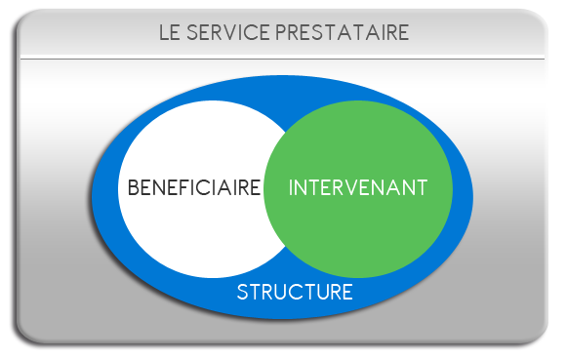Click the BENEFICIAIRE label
(194, 187)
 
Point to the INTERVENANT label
(358, 187)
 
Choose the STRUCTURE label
(294, 292)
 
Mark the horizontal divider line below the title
(283, 59)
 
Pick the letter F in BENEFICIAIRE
(178, 187)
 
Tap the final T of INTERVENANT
(422, 187)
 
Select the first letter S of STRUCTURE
(243, 292)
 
